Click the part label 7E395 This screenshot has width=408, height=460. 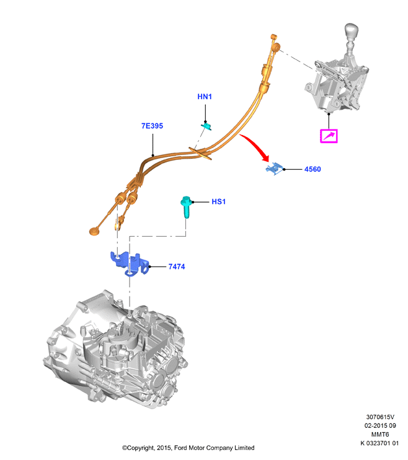(152, 126)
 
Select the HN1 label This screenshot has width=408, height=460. (205, 97)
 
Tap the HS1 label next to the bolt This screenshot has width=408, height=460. (219, 201)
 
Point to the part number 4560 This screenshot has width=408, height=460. (313, 169)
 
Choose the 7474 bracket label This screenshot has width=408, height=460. (177, 267)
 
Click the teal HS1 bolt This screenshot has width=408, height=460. (186, 206)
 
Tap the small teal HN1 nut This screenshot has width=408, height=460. (207, 126)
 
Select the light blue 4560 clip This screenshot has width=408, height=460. (274, 169)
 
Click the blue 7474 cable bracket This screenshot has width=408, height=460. (129, 263)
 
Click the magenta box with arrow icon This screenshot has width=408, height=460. (329, 136)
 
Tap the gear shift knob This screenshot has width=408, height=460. (352, 32)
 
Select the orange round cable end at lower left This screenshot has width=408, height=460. (94, 231)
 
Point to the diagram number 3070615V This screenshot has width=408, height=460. (380, 417)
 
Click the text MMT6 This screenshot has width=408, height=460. (380, 434)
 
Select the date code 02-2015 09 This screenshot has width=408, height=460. (380, 425)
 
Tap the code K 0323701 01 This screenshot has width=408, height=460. (379, 443)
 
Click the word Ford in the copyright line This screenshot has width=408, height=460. (180, 448)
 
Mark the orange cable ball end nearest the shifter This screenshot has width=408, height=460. (276, 47)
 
